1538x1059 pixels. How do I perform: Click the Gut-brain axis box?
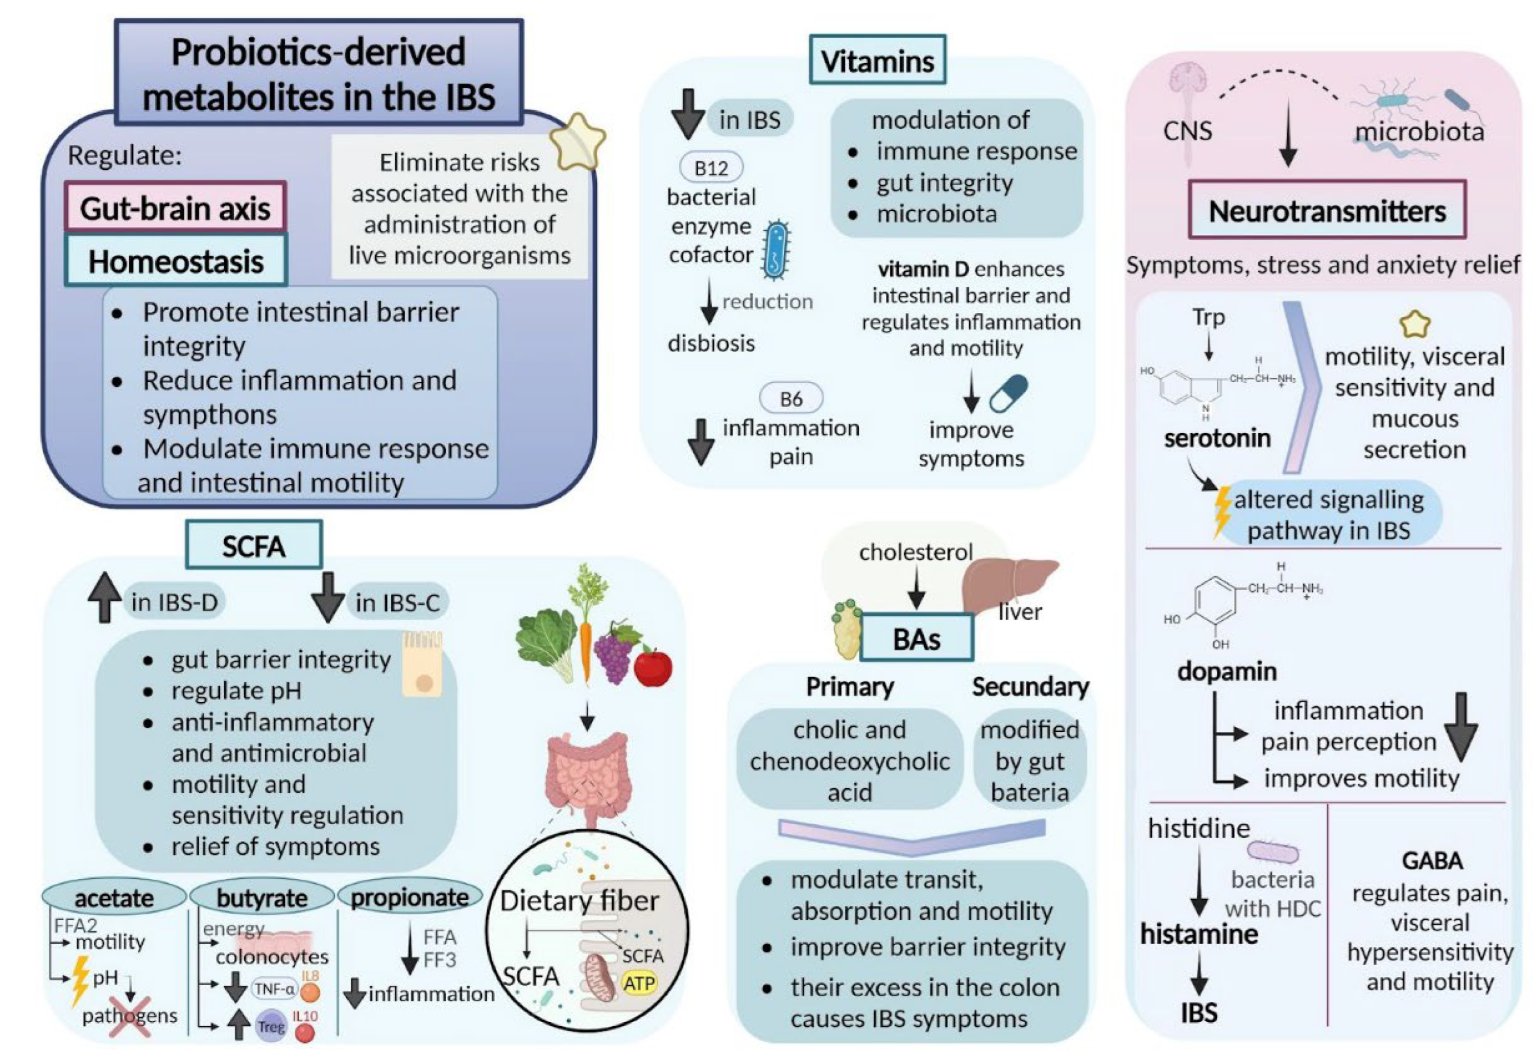[175, 207]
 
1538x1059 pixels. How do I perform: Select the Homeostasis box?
[175, 260]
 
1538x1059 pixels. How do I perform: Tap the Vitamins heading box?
[877, 60]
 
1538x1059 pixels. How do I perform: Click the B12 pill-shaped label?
[711, 167]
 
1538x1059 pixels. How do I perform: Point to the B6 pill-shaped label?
[790, 398]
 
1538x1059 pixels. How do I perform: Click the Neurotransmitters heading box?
[1327, 210]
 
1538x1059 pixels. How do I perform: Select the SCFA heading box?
[254, 546]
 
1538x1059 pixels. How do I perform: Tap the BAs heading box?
[916, 638]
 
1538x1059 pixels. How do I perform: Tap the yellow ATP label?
[639, 982]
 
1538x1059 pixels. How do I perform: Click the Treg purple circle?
[271, 1026]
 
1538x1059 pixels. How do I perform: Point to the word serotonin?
[1217, 438]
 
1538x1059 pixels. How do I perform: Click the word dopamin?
[1227, 671]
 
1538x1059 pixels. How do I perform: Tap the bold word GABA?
[1432, 860]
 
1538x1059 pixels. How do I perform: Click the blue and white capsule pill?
[1007, 393]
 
